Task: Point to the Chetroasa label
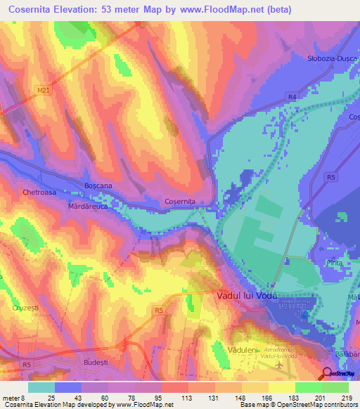39,192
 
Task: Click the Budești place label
95,361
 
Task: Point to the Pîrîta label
334,261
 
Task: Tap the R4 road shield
290,96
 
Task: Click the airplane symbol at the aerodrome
280,365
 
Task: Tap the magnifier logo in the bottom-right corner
328,372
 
